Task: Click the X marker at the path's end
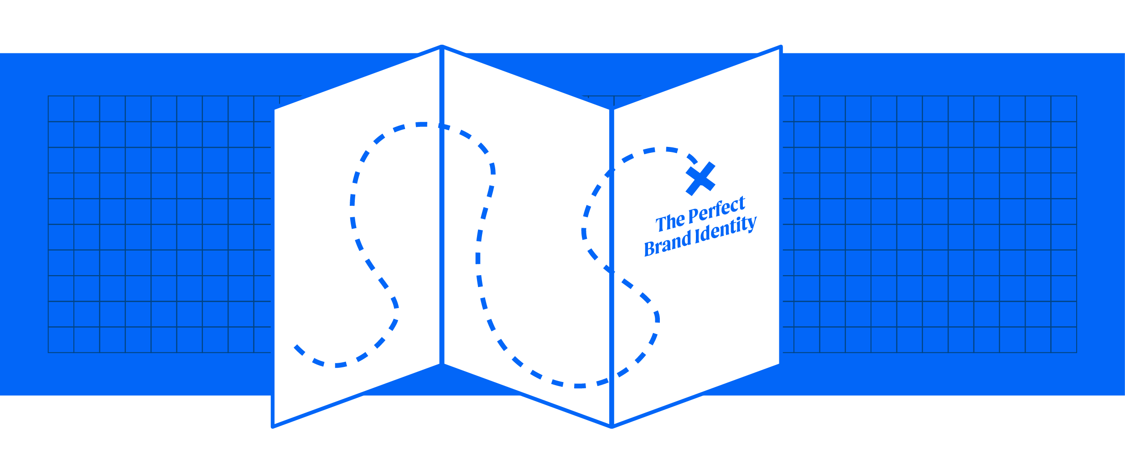(x=700, y=179)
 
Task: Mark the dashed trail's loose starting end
(x=296, y=347)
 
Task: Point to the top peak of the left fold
(x=441, y=47)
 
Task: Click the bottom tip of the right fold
(x=612, y=426)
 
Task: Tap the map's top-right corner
(x=780, y=47)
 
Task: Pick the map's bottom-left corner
(x=273, y=427)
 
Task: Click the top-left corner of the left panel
(x=273, y=110)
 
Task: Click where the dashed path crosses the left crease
(x=442, y=126)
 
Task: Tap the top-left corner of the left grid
(x=48, y=96)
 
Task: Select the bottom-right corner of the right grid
(x=1077, y=353)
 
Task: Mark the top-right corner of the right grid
(x=1077, y=96)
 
